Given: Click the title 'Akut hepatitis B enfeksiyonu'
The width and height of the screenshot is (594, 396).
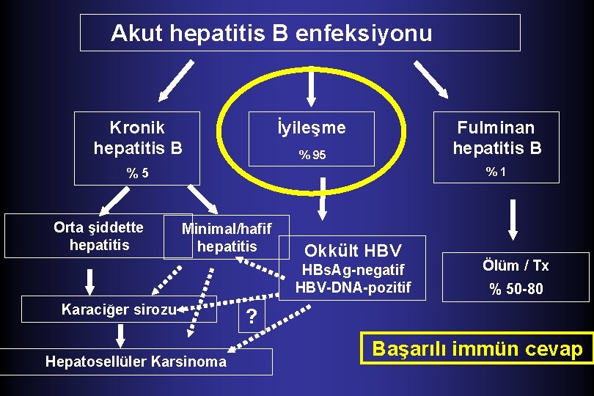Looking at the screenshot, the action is click(271, 33).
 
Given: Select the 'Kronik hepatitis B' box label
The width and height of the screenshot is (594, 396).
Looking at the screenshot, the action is click(137, 138).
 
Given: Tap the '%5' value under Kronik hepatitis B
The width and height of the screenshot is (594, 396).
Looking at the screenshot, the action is click(137, 174).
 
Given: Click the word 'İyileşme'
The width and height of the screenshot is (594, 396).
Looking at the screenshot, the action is click(312, 128).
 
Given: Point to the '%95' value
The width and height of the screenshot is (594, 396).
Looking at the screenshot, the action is click(312, 155).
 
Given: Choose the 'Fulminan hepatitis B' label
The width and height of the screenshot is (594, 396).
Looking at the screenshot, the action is click(496, 138).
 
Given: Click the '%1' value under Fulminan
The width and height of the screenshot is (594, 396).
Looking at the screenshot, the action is click(496, 172).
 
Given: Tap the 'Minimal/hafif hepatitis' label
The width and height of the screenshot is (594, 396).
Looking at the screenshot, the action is click(227, 237).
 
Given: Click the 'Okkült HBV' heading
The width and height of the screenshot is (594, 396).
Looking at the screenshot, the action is click(353, 249).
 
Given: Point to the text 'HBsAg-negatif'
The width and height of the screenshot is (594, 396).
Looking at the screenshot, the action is click(353, 270).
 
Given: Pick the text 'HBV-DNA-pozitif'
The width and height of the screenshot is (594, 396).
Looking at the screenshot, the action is click(353, 287).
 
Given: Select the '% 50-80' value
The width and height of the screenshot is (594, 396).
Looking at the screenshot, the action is click(516, 289).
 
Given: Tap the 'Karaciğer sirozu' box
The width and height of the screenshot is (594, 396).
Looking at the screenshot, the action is click(119, 309).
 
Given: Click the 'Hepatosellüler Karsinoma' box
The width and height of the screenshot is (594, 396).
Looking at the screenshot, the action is click(136, 362).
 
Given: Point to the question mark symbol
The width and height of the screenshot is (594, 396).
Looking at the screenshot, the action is click(252, 317).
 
